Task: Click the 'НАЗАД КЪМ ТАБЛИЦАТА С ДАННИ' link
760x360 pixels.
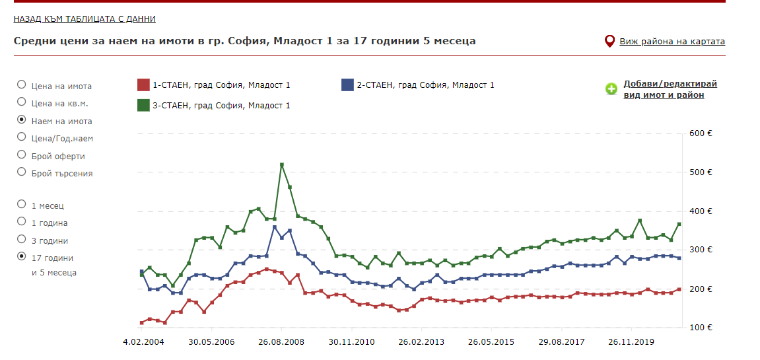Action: pyautogui.click(x=85, y=19)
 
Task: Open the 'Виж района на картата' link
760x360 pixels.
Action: pyautogui.click(x=672, y=42)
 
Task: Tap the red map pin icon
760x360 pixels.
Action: pyautogui.click(x=610, y=42)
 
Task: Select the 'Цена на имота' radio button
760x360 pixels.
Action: pyautogui.click(x=22, y=85)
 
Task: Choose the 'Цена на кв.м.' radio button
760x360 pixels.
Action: pyautogui.click(x=22, y=102)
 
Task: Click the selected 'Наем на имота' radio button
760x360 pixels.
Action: pyautogui.click(x=22, y=120)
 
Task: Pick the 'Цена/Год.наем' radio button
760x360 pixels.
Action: pyautogui.click(x=22, y=137)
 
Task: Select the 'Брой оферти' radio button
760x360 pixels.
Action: pyautogui.click(x=22, y=155)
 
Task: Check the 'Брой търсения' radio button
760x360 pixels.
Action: pyautogui.click(x=22, y=172)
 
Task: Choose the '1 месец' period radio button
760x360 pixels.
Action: pyautogui.click(x=22, y=205)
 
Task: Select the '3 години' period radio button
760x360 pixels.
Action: pyautogui.click(x=22, y=240)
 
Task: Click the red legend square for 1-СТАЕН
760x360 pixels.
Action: pyautogui.click(x=143, y=85)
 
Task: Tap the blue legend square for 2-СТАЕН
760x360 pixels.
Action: pyautogui.click(x=347, y=85)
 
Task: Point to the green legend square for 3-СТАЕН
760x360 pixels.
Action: pyautogui.click(x=143, y=105)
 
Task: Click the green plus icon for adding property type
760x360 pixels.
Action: pyautogui.click(x=612, y=89)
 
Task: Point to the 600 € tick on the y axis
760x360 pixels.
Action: pyautogui.click(x=701, y=133)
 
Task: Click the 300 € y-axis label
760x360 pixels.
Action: pyautogui.click(x=701, y=250)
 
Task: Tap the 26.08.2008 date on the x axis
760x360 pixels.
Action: pyautogui.click(x=282, y=342)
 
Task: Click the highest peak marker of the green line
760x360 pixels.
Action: pyautogui.click(x=282, y=164)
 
